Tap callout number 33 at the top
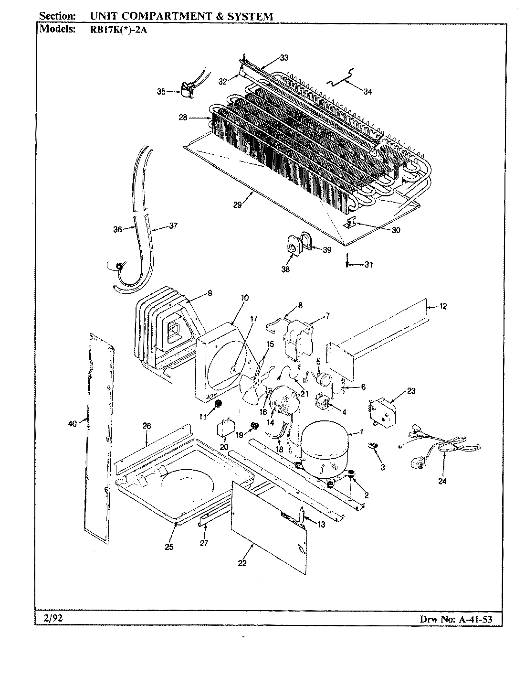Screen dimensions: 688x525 point(284,58)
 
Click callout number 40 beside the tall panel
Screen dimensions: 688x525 point(73,422)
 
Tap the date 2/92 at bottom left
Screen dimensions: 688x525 point(50,618)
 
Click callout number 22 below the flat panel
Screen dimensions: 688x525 point(242,563)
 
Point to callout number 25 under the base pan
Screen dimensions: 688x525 point(169,547)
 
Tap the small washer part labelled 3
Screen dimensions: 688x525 point(373,446)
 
